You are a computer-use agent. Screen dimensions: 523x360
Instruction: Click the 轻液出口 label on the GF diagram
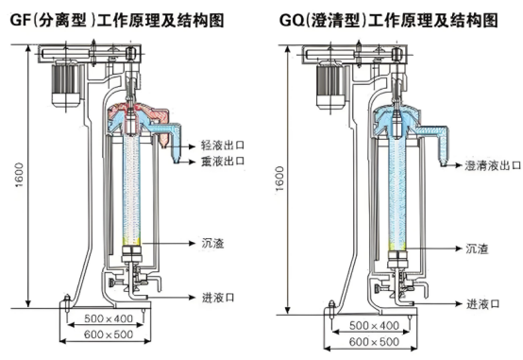[223, 146]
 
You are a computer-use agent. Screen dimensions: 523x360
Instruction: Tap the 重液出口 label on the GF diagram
[223, 161]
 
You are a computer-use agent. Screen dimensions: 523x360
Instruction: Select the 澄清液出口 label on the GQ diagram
[493, 165]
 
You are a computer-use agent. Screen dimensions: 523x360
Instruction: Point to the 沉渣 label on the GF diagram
[212, 243]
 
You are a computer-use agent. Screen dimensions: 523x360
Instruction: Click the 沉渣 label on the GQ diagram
[477, 249]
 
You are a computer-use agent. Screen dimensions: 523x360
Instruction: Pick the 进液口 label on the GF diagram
[218, 298]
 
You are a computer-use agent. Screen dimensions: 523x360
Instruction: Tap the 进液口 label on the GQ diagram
[482, 304]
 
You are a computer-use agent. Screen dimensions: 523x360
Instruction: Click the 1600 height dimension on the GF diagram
[19, 175]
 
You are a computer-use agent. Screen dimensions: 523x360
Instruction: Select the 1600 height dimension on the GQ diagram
[279, 179]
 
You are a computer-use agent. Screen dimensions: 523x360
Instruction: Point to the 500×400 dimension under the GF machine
[109, 318]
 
